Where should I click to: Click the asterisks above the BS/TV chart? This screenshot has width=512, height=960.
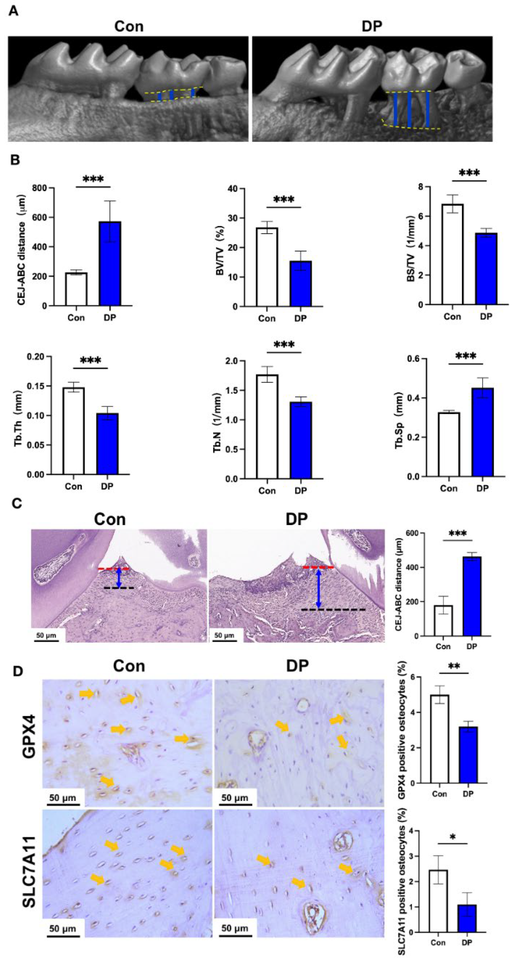469,173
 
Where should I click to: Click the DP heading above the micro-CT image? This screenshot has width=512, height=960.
372,26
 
